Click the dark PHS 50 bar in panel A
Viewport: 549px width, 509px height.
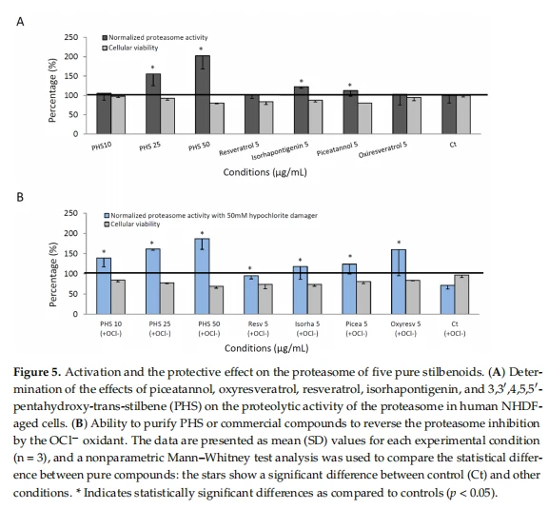203,94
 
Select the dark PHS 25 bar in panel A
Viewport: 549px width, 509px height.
153,104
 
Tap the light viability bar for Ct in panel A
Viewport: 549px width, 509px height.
463,114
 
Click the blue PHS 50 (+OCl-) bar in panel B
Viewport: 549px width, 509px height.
202,276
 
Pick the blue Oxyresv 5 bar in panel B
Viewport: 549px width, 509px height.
399,282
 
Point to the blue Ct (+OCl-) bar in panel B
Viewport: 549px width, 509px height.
448,300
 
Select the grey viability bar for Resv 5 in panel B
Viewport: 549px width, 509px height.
265,299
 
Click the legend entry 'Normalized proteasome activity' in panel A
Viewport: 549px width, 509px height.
155,37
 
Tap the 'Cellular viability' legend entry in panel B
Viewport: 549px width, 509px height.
132,224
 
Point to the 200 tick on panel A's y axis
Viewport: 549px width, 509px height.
71,57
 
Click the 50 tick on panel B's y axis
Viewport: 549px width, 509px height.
73,294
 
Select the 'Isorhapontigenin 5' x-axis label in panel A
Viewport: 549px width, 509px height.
280,150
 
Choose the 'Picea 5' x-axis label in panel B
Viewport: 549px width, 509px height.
357,324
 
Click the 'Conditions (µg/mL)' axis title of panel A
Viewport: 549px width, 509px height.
265,172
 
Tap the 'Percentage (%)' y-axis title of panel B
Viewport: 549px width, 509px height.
53,274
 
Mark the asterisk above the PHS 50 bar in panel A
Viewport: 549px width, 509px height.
201,49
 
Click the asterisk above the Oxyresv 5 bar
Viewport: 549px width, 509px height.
399,243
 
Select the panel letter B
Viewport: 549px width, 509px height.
20,197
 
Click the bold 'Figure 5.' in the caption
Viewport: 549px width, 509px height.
37,372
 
